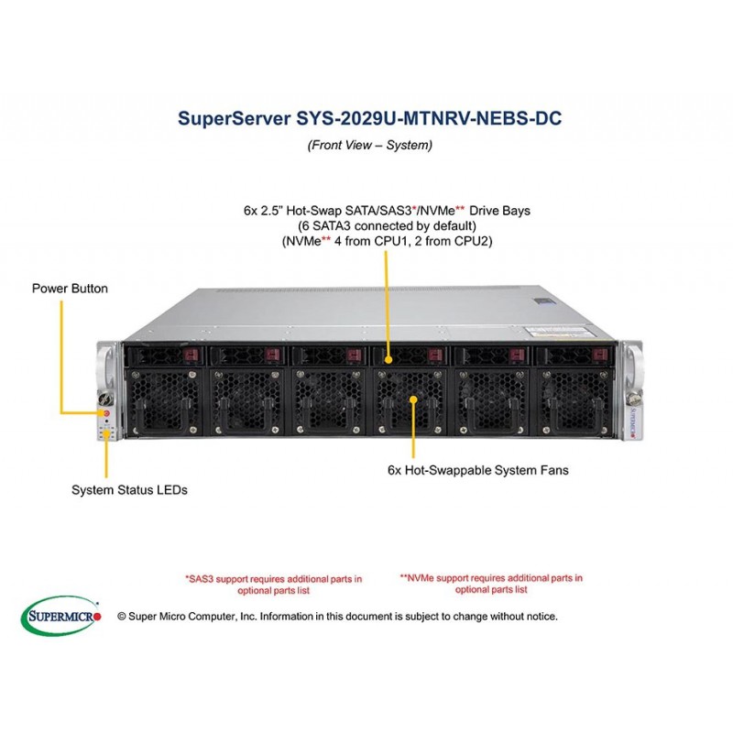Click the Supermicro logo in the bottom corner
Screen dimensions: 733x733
pos(61,617)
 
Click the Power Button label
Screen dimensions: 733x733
pos(70,289)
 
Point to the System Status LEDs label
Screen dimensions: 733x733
pos(129,490)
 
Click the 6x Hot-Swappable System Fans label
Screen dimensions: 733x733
pos(477,470)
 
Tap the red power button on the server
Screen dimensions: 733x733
pos(106,413)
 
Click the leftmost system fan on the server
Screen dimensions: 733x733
pos(166,400)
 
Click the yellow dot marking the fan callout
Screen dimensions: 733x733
pos(413,399)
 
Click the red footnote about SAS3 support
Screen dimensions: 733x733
pos(273,585)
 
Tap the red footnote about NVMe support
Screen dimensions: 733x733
pos(491,584)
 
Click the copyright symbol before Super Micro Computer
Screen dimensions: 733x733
pos(122,617)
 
